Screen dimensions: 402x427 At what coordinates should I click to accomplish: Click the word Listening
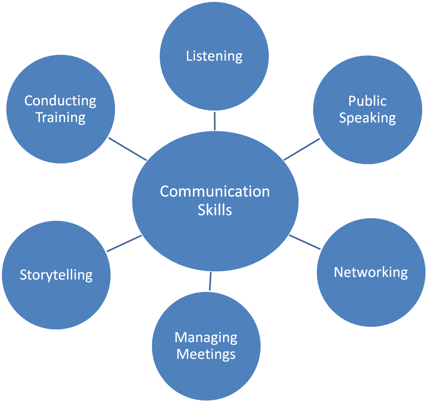click(214, 56)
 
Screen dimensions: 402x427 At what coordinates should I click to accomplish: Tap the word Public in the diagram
click(367, 101)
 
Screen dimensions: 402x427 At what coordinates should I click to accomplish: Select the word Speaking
click(367, 118)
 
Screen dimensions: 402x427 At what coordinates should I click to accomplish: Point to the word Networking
click(371, 272)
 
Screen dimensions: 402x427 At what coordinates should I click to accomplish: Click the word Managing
click(206, 338)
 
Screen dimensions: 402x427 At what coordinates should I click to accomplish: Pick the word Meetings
click(206, 354)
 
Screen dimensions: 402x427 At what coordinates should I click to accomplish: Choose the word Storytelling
click(56, 275)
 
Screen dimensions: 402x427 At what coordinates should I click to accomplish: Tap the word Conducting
click(60, 101)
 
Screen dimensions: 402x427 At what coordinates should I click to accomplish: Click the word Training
click(61, 118)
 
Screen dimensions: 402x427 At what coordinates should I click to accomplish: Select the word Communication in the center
click(215, 192)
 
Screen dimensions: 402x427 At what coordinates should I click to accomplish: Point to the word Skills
click(215, 210)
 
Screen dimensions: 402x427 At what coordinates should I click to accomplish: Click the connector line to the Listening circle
click(214, 121)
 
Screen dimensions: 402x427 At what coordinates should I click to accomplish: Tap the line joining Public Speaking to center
click(302, 150)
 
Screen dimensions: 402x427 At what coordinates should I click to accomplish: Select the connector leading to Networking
click(305, 242)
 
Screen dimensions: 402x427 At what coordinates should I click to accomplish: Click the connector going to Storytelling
click(124, 243)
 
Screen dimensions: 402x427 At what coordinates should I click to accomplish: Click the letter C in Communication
click(165, 192)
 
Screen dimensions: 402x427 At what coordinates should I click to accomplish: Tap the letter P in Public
click(352, 101)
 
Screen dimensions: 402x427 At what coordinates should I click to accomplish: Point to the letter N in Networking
click(338, 272)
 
